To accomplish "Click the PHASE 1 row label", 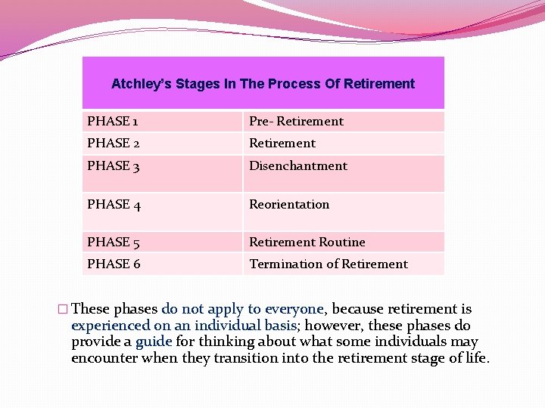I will tap(112, 122).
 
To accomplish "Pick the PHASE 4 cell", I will tap(114, 205).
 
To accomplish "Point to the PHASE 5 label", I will tap(113, 243).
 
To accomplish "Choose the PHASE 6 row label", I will tap(114, 264).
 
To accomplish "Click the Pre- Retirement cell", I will tap(296, 122).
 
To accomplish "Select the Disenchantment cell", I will tap(298, 166).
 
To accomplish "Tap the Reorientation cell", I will tap(289, 205).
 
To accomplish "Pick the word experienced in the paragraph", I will tap(107, 326).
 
